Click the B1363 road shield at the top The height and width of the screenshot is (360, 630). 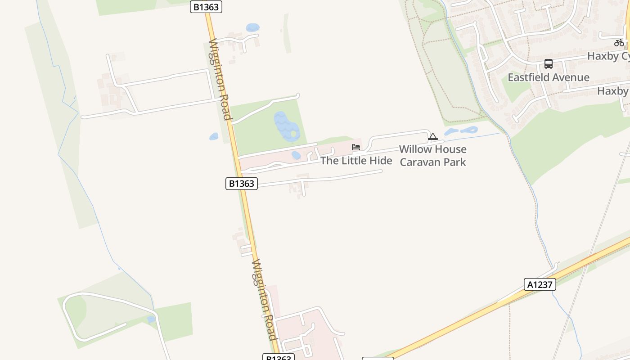point(206,7)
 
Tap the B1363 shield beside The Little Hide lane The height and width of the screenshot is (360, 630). point(242,184)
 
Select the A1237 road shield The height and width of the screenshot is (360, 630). point(540,284)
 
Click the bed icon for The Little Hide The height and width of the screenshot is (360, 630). point(356,147)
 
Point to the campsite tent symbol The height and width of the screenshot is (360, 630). point(433,136)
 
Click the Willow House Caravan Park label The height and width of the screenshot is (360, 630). point(433,155)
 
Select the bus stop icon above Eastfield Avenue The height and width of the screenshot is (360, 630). point(548,64)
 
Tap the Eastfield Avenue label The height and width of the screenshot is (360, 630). point(548,77)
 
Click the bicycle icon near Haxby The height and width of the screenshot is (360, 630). point(619,43)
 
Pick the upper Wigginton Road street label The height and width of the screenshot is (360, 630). point(220,79)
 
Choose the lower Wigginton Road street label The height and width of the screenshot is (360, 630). point(265,299)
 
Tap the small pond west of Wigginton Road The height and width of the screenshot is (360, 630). point(214,136)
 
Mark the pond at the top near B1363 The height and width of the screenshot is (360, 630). point(253,27)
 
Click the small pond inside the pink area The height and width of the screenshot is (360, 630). point(296,155)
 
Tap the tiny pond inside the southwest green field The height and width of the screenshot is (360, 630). point(151,319)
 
